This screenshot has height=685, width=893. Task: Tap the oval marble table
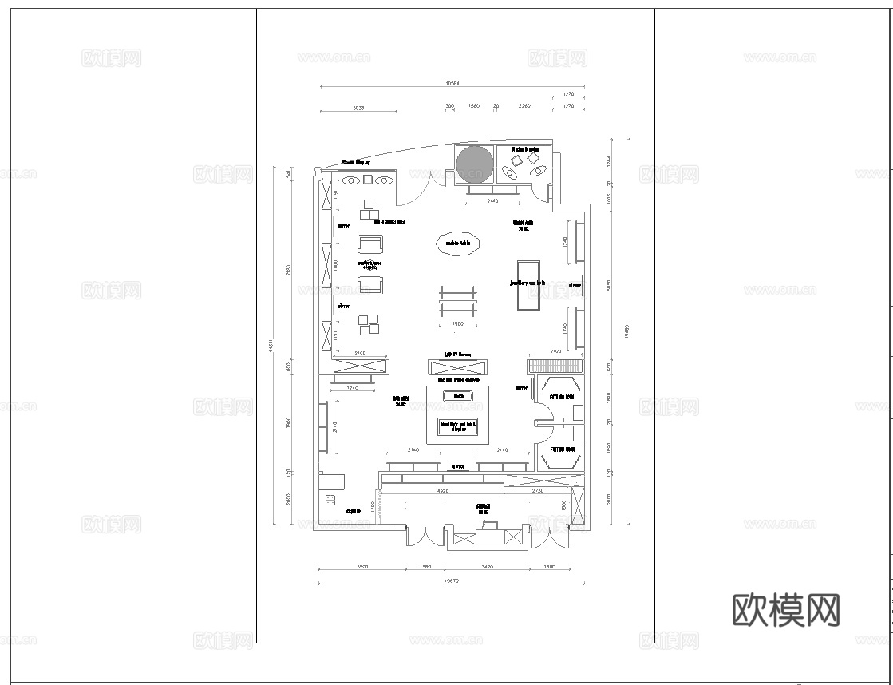[457, 244]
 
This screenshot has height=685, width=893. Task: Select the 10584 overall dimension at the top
[452, 83]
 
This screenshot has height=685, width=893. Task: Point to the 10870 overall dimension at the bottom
[452, 582]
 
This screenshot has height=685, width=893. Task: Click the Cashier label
[354, 511]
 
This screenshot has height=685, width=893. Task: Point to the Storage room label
[483, 506]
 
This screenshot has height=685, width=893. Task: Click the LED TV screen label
[458, 354]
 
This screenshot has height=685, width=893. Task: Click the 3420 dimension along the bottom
[487, 566]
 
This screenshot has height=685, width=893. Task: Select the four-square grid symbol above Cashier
[330, 501]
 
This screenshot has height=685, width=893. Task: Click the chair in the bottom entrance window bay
[491, 526]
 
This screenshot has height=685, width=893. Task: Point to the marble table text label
[457, 244]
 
